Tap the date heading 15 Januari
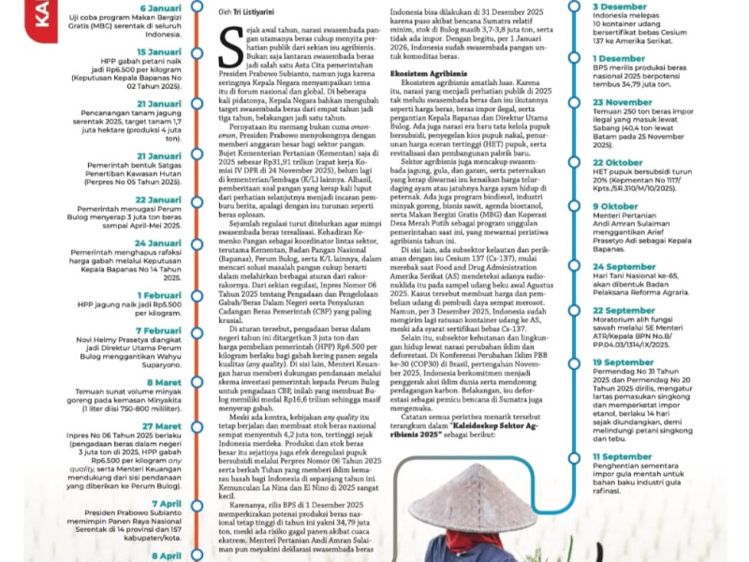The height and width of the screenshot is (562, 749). coord(158,52)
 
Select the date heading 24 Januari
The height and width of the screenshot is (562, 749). coord(158,243)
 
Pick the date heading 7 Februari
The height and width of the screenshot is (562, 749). coord(158,331)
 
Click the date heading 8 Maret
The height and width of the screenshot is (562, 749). coord(167,382)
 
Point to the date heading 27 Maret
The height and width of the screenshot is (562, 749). coord(162,426)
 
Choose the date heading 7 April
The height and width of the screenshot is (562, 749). coord(167,504)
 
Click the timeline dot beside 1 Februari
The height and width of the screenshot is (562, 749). coord(195,299)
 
